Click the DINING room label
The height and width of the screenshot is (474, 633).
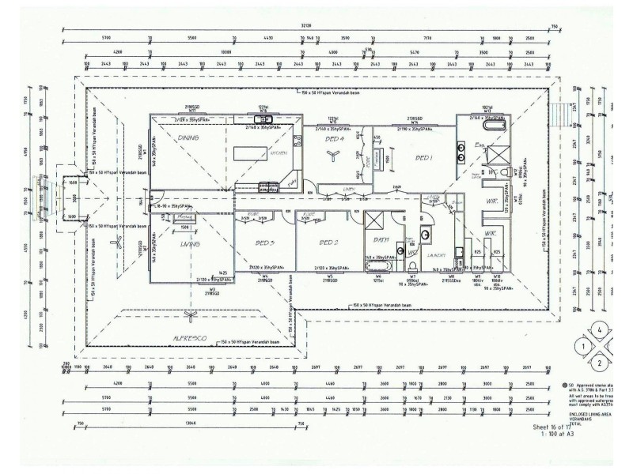tap(188, 137)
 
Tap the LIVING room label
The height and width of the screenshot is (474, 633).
tap(189, 244)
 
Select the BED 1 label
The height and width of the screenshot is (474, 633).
tap(425, 158)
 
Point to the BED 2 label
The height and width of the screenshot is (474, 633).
tap(328, 243)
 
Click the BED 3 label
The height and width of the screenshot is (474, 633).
tap(265, 243)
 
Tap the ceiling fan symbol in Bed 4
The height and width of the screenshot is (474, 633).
tap(332, 156)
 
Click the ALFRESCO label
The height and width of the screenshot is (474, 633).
tap(189, 337)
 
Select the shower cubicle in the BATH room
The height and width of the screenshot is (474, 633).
tap(375, 224)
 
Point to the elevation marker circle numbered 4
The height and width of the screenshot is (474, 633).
tap(601, 329)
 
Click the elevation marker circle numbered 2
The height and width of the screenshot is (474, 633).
tap(601, 363)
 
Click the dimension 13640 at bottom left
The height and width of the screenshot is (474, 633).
tap(189, 423)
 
